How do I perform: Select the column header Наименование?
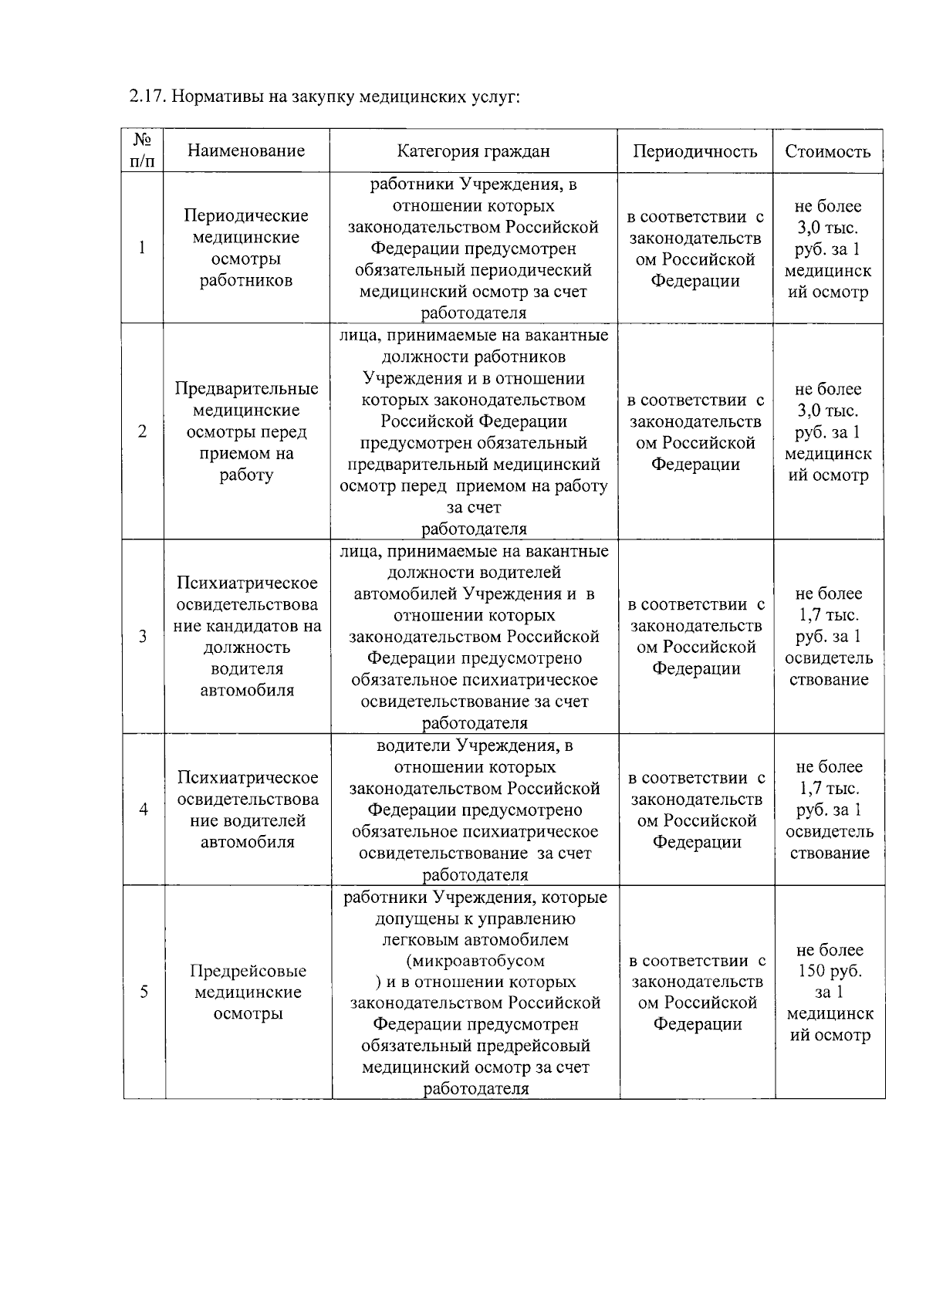246,150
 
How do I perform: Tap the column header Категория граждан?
473,150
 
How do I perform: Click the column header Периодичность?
694,150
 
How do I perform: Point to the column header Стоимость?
827,151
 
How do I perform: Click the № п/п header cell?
143,150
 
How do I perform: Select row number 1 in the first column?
142,248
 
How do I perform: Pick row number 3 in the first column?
143,637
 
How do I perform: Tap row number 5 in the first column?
144,992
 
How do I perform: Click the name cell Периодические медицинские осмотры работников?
246,248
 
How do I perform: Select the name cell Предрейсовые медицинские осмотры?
248,992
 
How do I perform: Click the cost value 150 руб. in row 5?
830,971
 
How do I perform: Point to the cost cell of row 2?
828,431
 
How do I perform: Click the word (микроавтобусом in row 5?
475,961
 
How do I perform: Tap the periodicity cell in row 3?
696,637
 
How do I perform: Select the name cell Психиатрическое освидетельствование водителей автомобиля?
248,810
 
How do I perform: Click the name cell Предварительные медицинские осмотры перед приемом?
246,431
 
